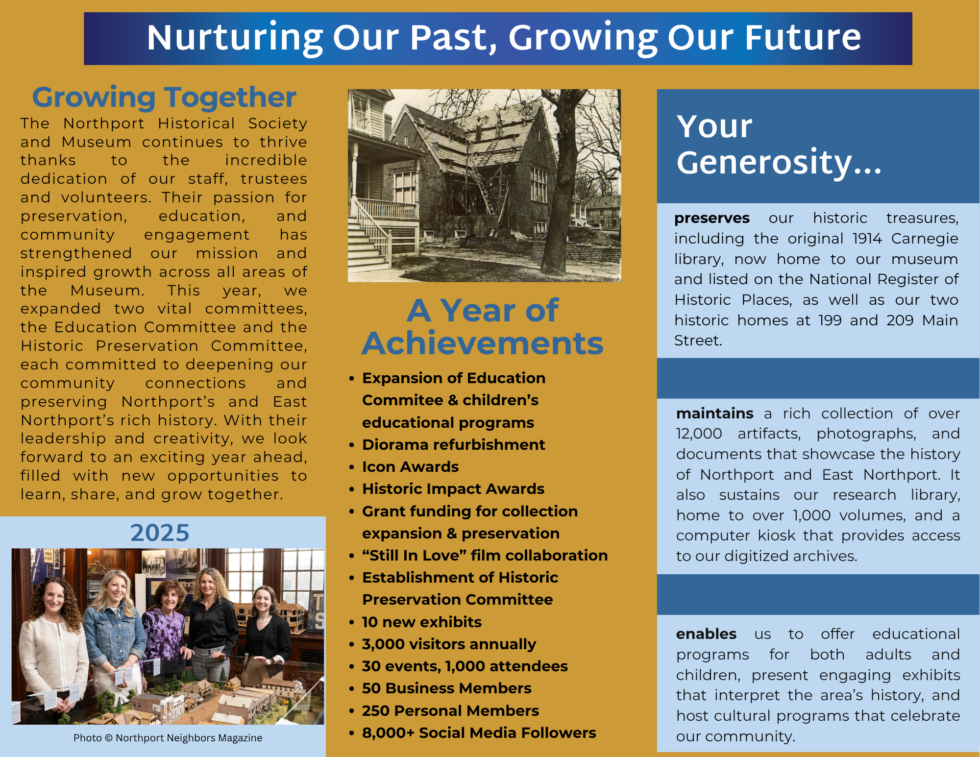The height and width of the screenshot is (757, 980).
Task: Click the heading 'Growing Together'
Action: pos(164,98)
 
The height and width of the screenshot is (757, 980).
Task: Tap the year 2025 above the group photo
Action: pos(160,533)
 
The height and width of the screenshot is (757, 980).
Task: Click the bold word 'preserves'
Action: pos(711,218)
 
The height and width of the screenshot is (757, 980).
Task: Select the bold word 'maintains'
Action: pos(714,414)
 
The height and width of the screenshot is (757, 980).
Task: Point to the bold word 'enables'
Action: pos(706,634)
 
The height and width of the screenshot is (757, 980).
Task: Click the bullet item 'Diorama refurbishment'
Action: pos(453,444)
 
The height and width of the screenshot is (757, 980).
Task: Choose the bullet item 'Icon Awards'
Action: pos(410,466)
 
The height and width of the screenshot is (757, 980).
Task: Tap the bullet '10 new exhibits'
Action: pos(421,622)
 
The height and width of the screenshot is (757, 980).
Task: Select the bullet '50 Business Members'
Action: pos(446,688)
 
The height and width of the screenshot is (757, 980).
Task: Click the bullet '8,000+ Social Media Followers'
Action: pos(479,733)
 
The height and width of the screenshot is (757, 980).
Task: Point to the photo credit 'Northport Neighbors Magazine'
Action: pos(189,738)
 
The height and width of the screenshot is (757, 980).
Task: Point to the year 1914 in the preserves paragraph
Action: pos(867,239)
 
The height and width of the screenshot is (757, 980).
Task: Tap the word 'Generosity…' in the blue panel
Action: pos(779,162)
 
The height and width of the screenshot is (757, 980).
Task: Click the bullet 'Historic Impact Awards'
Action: pos(453,488)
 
